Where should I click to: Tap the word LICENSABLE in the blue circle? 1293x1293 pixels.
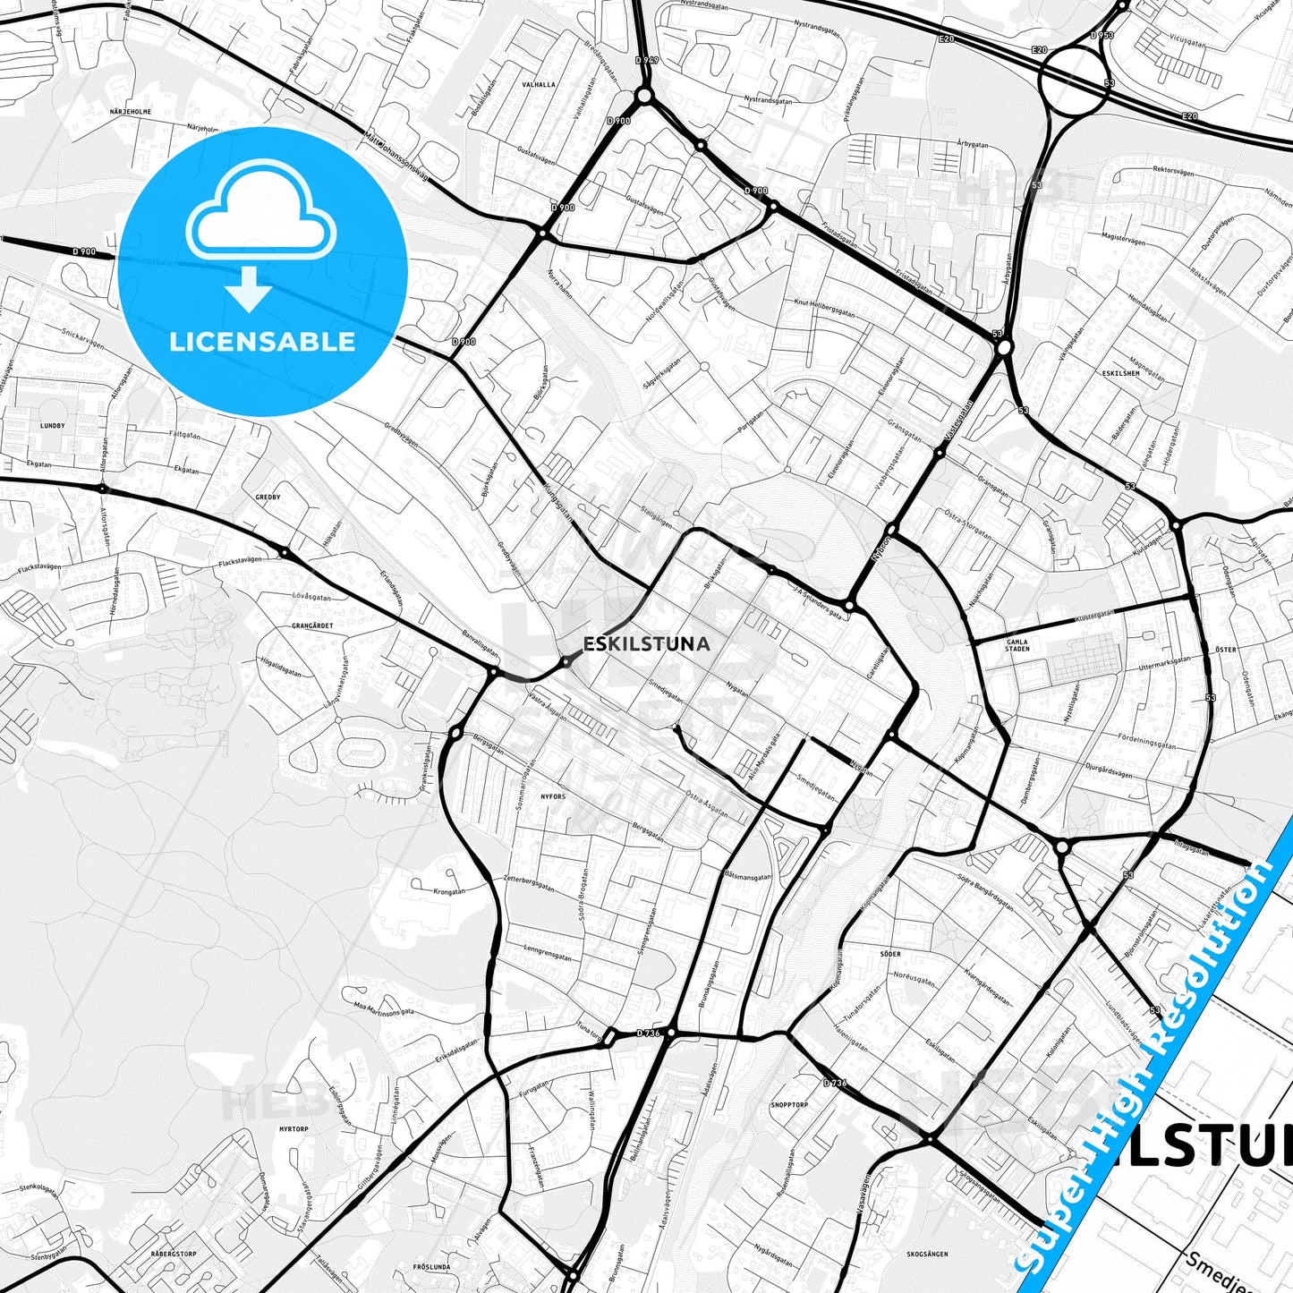coord(262,341)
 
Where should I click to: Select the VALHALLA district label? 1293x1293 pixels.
coord(538,85)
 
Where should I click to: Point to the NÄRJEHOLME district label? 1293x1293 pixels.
coord(131,112)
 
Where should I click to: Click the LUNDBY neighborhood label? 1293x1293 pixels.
coord(53,426)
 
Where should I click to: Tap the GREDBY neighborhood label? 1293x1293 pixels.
coord(268,497)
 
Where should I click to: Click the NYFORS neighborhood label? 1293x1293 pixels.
coord(553,796)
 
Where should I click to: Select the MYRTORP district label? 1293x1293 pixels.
coord(293,1129)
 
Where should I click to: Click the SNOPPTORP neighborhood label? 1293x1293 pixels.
coord(789,1105)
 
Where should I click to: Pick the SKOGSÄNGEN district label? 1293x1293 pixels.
coord(927,1255)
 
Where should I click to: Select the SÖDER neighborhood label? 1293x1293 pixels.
coord(890,954)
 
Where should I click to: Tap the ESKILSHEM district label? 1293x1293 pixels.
coord(1121,373)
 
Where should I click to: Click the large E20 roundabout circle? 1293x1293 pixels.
coord(1073,80)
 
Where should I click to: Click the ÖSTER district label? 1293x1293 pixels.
coord(1226,650)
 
